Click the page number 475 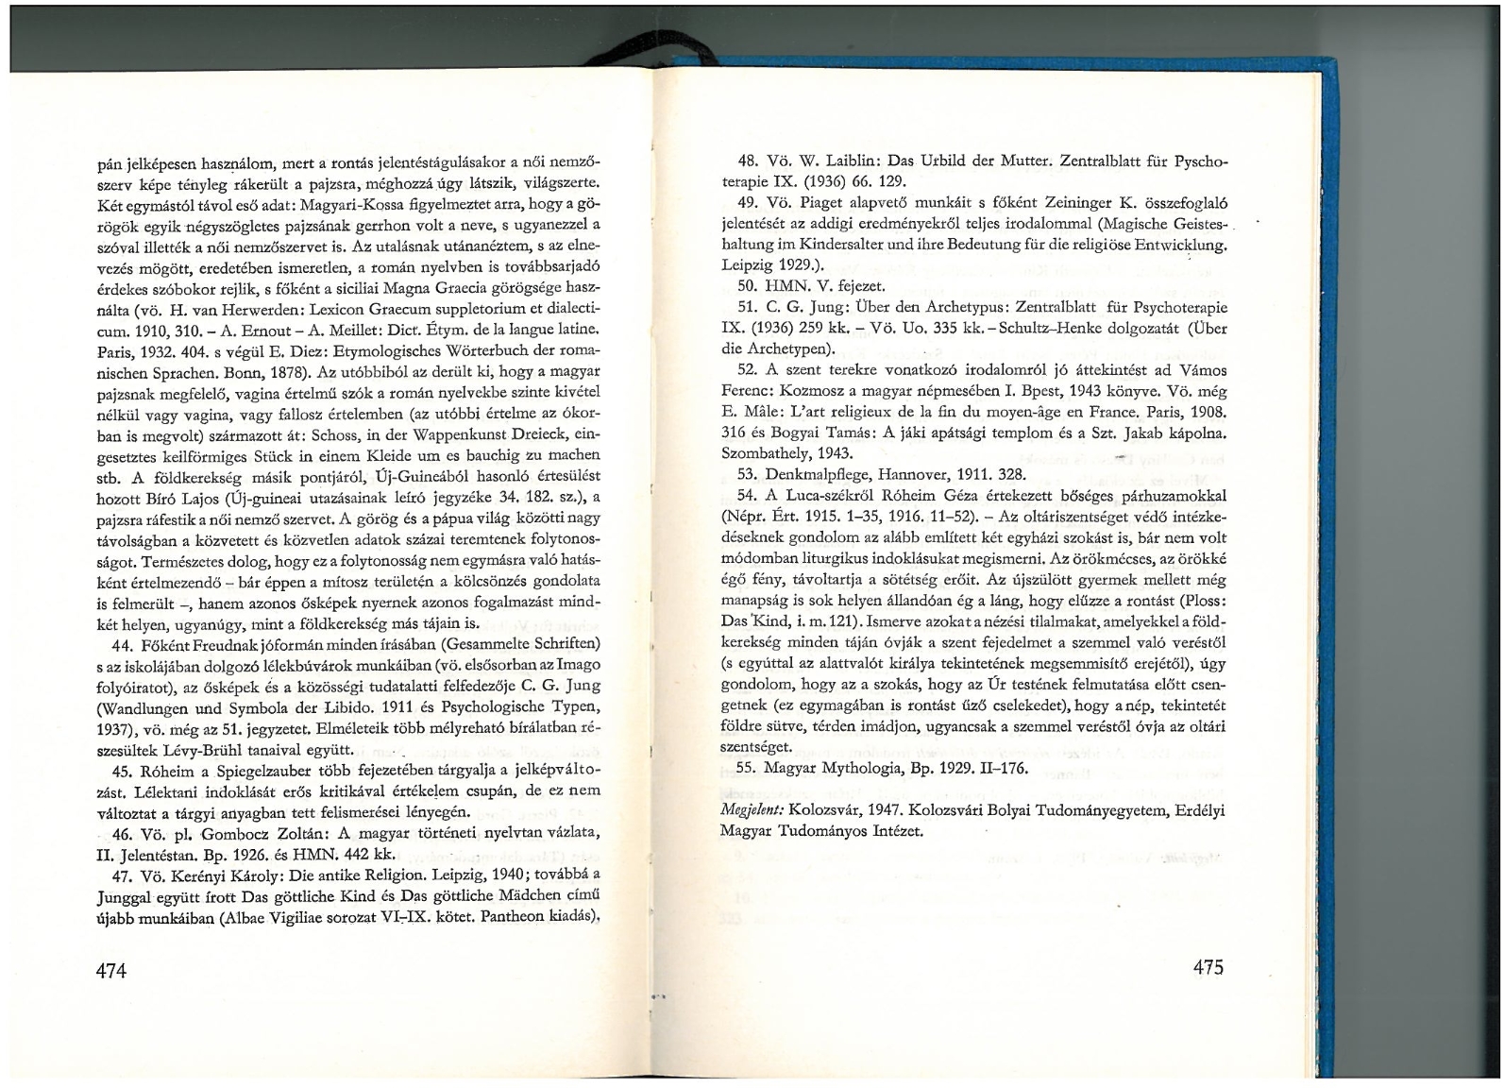(x=1208, y=966)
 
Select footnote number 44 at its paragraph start (x=122, y=644)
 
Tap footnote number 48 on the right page (x=747, y=161)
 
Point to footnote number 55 (x=747, y=768)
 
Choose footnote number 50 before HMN (x=747, y=286)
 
